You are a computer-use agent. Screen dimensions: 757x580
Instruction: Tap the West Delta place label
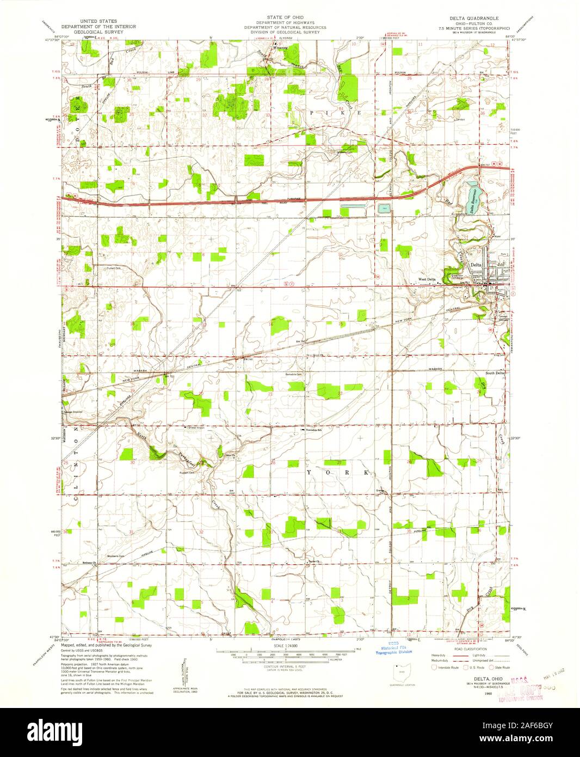[427, 280]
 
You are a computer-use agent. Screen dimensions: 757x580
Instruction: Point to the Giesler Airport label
[184, 428]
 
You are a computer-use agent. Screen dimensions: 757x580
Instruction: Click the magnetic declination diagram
[188, 665]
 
